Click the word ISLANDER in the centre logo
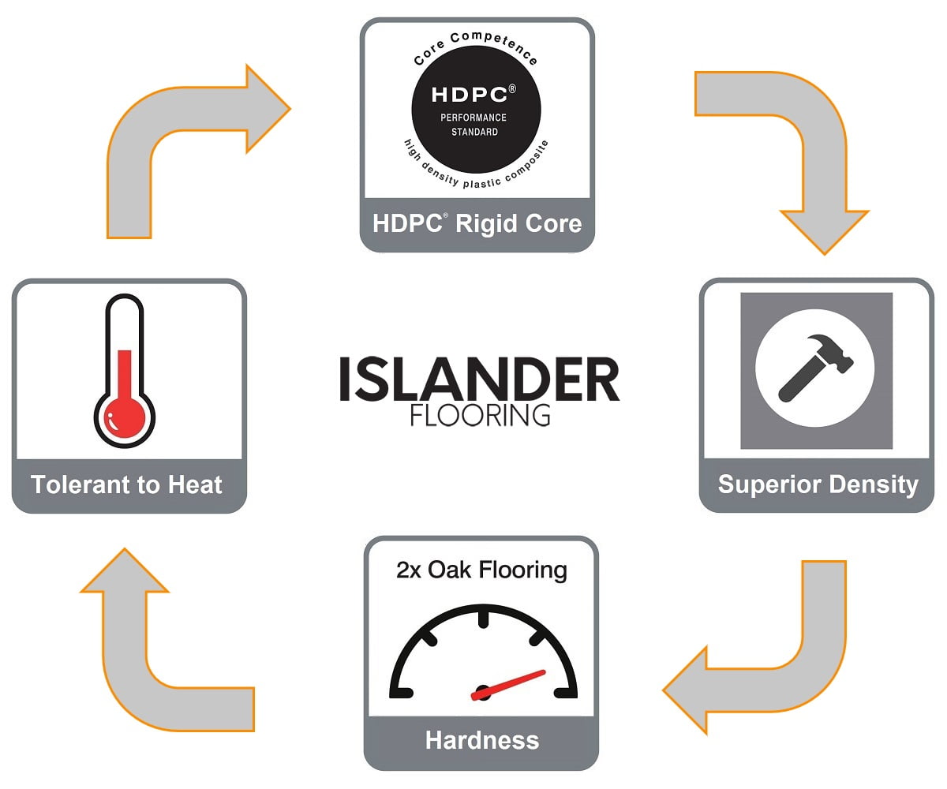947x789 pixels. [x=479, y=380]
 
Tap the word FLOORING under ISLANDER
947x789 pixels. [x=480, y=415]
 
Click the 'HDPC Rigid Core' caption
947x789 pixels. [x=477, y=223]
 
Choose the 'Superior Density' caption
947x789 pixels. [x=818, y=484]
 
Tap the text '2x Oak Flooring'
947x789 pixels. [x=481, y=570]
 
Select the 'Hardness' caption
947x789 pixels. [x=481, y=740]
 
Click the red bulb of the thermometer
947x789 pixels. [x=124, y=416]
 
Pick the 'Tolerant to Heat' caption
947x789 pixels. [x=127, y=484]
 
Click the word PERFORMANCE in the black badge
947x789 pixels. [x=473, y=118]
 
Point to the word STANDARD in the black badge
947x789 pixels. [x=474, y=132]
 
